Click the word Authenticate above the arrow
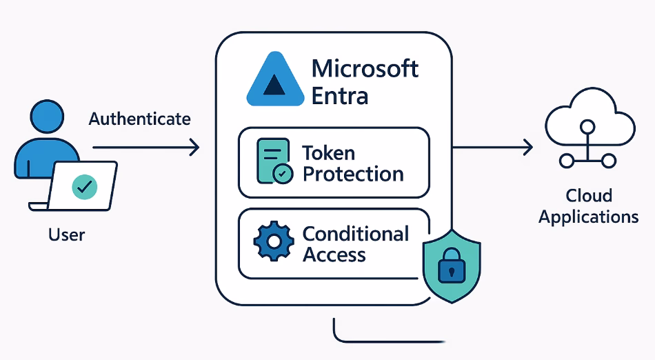tap(139, 119)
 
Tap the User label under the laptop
tap(66, 234)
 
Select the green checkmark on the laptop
tap(85, 185)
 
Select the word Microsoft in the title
tap(365, 69)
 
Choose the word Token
tap(328, 152)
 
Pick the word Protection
tap(353, 174)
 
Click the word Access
tap(334, 255)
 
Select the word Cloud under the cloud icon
tap(589, 195)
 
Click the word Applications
tap(588, 217)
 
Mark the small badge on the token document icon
tap(282, 174)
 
